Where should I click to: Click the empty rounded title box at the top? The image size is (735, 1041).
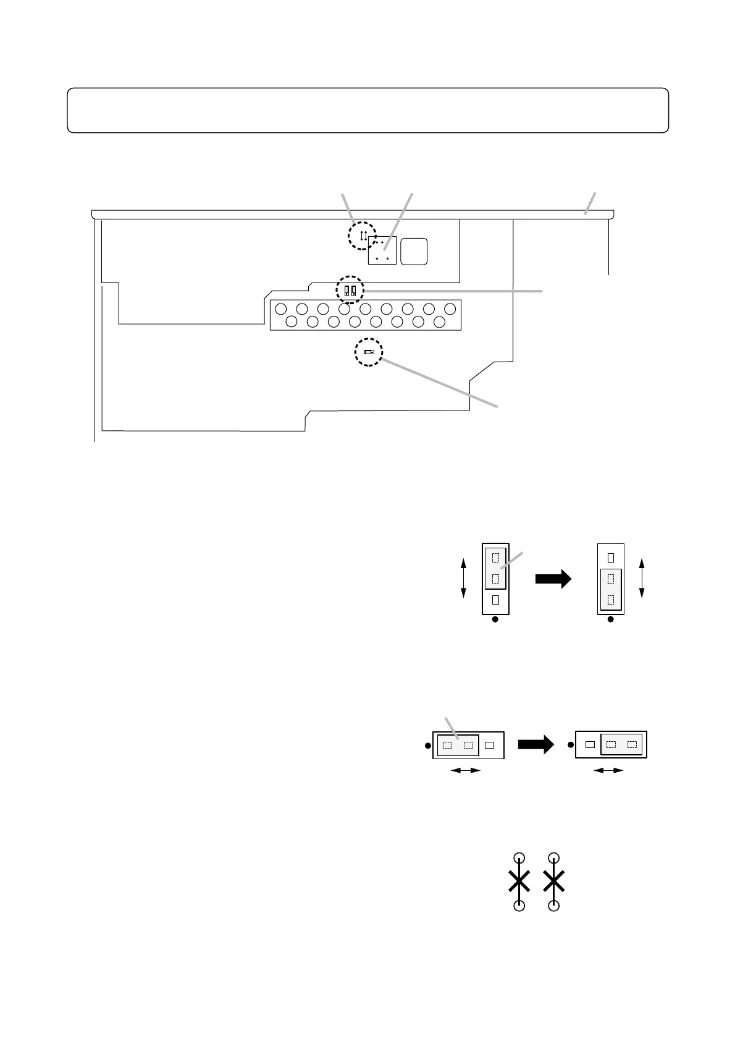[x=367, y=110]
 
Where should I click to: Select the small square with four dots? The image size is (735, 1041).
[x=382, y=250]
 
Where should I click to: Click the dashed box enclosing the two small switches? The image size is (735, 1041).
[x=350, y=289]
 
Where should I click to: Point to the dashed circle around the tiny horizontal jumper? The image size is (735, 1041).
[x=369, y=352]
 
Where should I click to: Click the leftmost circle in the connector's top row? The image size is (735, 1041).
[x=281, y=308]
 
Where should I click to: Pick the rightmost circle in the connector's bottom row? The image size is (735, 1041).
[x=439, y=321]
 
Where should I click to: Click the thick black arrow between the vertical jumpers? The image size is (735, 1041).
[x=553, y=579]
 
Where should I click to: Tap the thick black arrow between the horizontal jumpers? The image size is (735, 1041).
[x=535, y=746]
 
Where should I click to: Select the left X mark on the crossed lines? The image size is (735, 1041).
[x=519, y=881]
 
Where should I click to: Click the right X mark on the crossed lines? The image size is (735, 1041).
[x=555, y=881]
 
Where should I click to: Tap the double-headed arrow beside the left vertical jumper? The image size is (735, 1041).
[x=464, y=577]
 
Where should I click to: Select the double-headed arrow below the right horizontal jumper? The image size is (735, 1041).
[x=608, y=770]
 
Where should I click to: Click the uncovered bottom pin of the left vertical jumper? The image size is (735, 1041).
[x=495, y=599]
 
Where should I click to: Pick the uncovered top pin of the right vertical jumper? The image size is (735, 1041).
[x=610, y=557]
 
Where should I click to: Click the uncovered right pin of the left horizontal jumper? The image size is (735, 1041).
[x=490, y=746]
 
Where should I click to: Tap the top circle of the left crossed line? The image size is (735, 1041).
[x=519, y=857]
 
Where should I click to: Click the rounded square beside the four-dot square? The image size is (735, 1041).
[x=414, y=251]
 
